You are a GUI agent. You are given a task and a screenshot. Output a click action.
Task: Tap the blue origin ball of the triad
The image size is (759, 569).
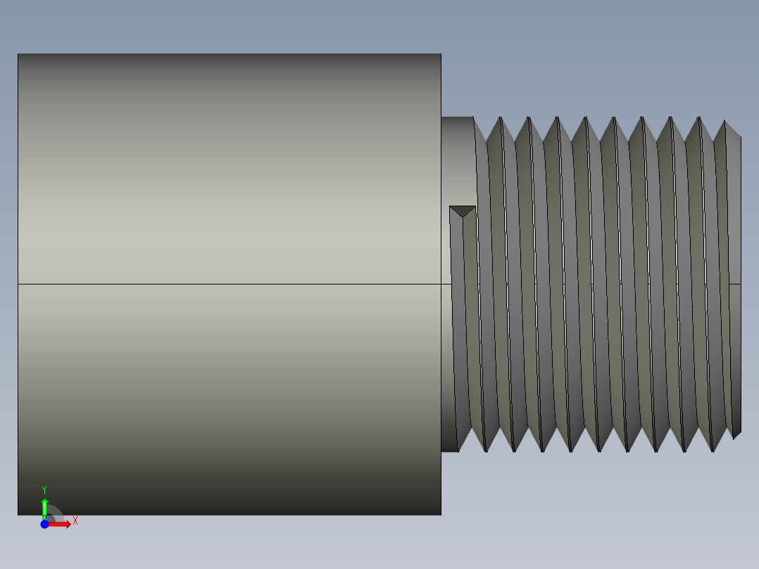pos(44,524)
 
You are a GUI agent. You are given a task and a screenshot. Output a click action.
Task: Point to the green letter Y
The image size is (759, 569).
pos(44,489)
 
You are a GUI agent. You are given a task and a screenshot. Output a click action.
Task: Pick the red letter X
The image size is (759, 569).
pos(75,521)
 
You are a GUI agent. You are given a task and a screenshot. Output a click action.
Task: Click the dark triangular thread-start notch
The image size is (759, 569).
pos(463,211)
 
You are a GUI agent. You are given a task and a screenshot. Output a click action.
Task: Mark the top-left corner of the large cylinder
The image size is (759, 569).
pos(18,54)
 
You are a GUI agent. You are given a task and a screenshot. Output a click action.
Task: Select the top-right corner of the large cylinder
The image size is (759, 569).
pos(441,54)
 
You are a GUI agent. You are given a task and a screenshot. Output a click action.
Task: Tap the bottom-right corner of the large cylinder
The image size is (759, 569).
pos(441,514)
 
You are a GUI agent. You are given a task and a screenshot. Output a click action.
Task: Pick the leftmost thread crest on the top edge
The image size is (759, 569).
pos(501,118)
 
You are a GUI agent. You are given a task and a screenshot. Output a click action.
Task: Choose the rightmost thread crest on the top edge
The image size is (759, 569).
pos(724,121)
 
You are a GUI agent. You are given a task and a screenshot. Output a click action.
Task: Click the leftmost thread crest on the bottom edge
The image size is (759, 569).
pos(486,451)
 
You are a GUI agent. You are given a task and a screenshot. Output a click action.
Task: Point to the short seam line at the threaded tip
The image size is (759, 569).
pos(734,284)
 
